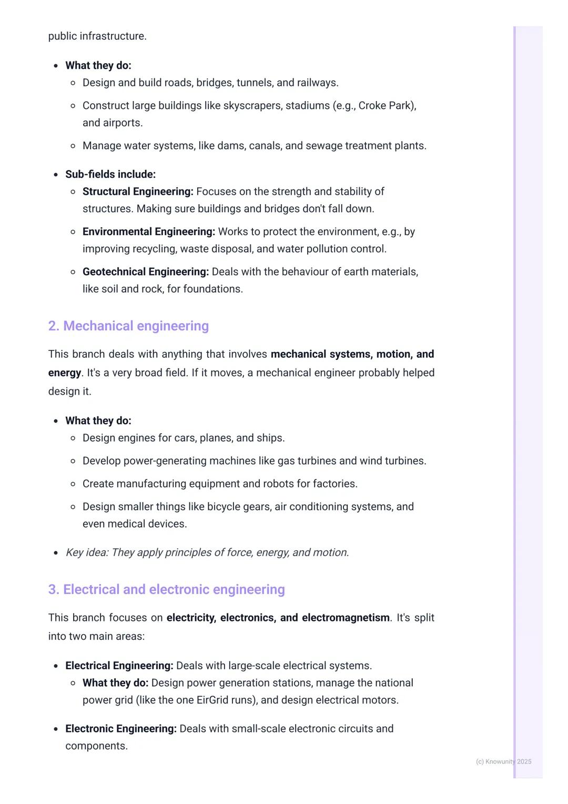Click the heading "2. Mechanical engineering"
pyautogui.click(x=128, y=326)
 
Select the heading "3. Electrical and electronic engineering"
pyautogui.click(x=166, y=589)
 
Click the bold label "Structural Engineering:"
pyautogui.click(x=138, y=192)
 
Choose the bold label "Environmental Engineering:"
pyautogui.click(x=149, y=232)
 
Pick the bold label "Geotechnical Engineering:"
pyautogui.click(x=146, y=272)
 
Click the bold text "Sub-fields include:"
pyautogui.click(x=110, y=174)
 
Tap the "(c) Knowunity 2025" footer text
pyautogui.click(x=503, y=761)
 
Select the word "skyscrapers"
pyautogui.click(x=252, y=106)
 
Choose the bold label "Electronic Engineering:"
pyautogui.click(x=121, y=729)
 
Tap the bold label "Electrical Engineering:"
pyautogui.click(x=119, y=666)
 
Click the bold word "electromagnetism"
pyautogui.click(x=346, y=618)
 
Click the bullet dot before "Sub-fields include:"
pyautogui.click(x=56, y=175)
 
